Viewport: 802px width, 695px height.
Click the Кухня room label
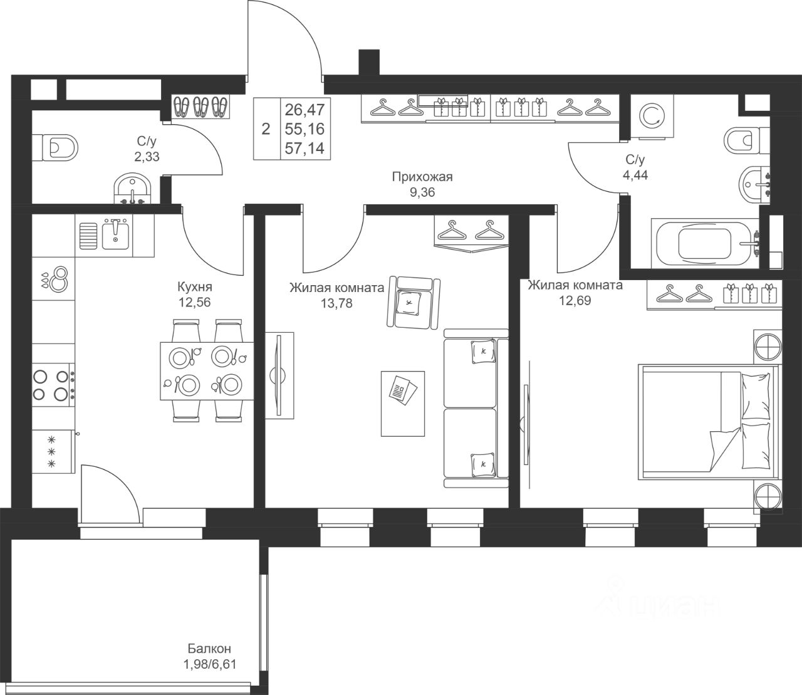point(195,287)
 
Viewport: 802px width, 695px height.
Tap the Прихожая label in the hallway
point(422,177)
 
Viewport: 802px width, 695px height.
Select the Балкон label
point(209,648)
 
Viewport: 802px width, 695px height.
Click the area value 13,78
point(336,303)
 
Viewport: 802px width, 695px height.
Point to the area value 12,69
point(575,300)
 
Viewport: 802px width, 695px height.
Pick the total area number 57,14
point(305,149)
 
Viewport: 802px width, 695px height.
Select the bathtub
point(705,243)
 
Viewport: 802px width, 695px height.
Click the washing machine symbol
point(652,116)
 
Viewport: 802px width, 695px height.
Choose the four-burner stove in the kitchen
point(53,385)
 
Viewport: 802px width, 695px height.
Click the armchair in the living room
point(414,302)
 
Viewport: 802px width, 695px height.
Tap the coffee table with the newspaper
point(403,404)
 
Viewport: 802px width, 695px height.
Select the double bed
point(708,421)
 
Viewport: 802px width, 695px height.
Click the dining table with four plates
point(207,370)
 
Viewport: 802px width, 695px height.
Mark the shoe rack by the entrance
point(200,106)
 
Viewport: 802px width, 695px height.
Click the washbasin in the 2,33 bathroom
point(132,189)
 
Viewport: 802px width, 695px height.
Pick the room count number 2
point(266,129)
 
